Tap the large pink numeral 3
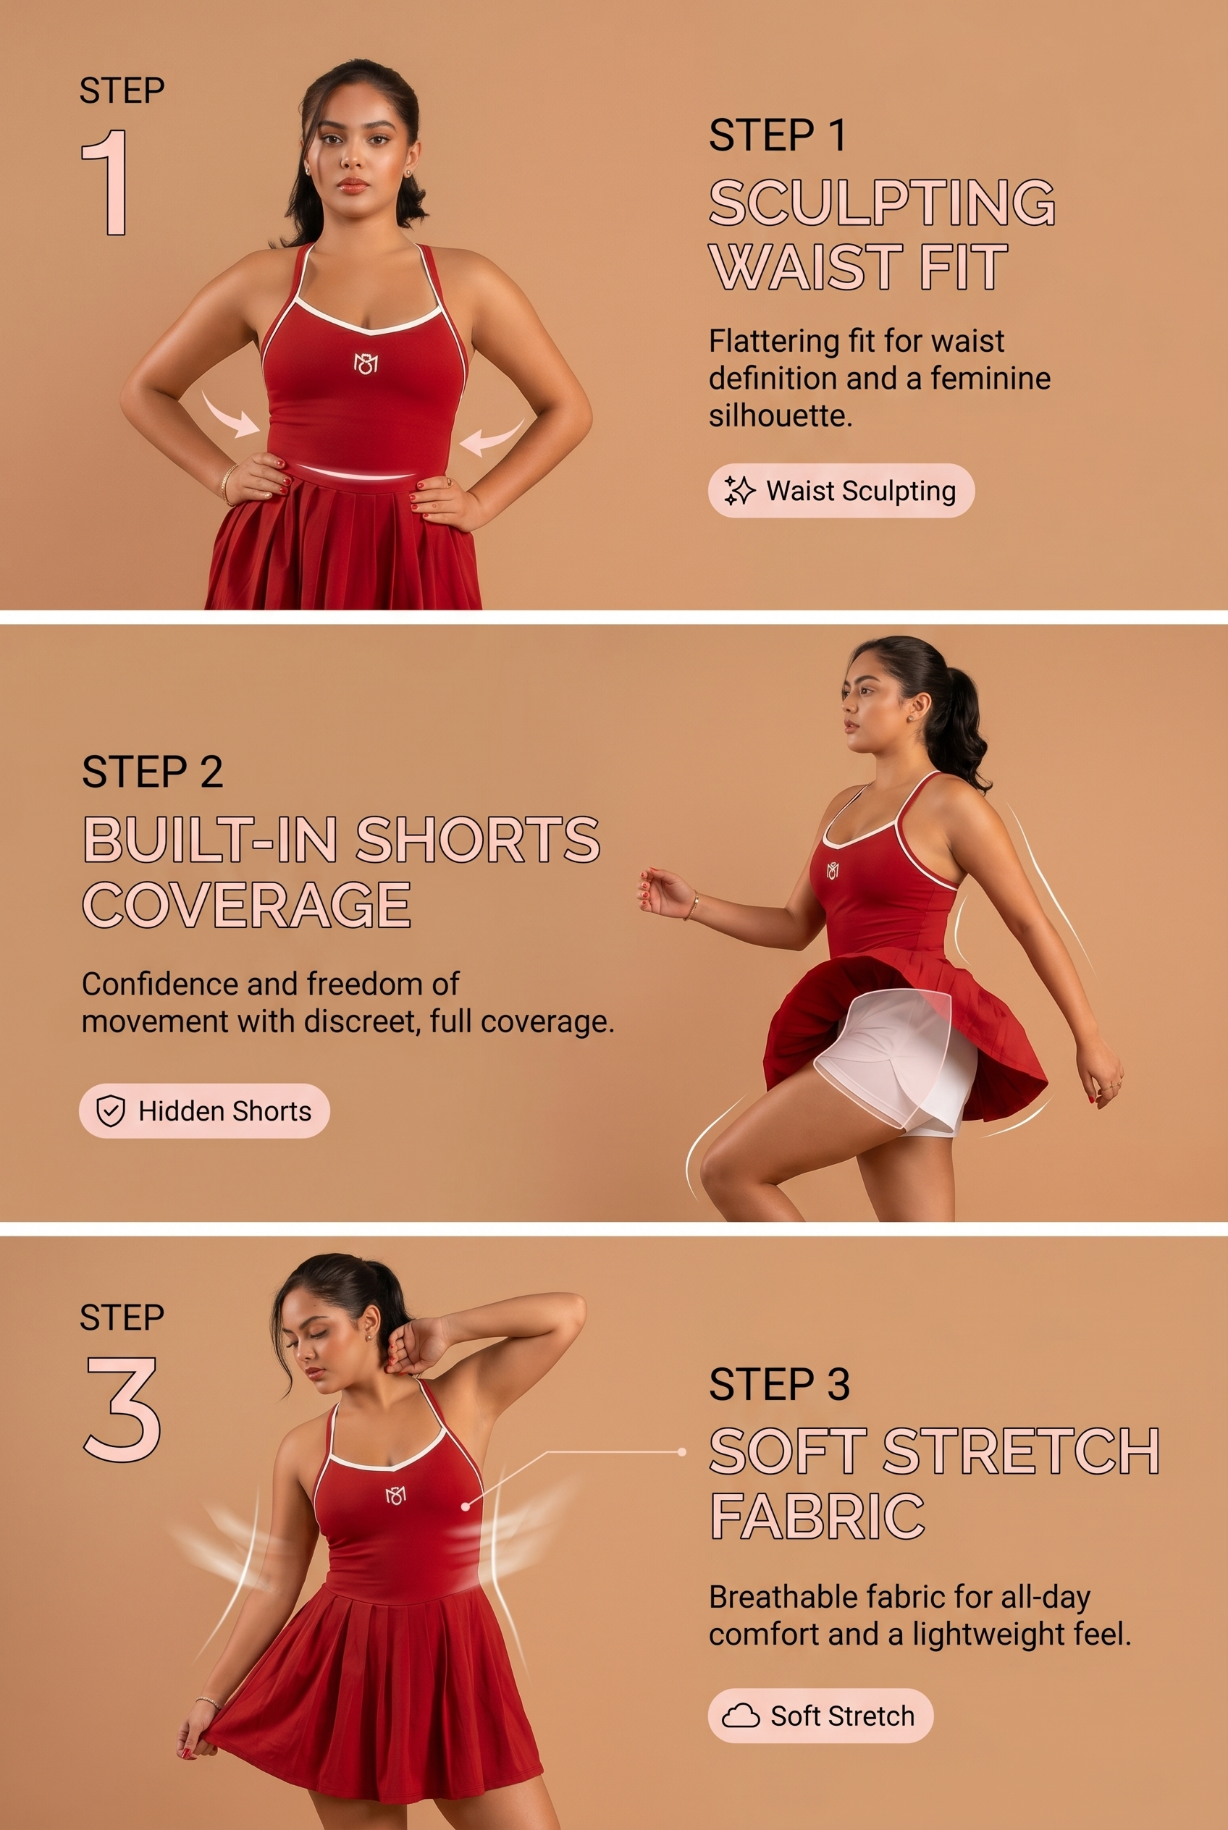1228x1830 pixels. [x=122, y=1409]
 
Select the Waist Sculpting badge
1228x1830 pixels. [x=841, y=491]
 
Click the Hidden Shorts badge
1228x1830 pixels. [x=204, y=1110]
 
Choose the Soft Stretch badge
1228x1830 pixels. [x=821, y=1716]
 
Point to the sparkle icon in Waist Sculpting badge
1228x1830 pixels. [x=739, y=491]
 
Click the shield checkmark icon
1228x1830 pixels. [x=111, y=1110]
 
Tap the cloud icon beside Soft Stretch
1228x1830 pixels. [x=740, y=1716]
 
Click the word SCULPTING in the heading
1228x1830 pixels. [x=882, y=203]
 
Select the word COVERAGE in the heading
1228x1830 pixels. [x=247, y=904]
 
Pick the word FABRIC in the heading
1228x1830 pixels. [x=817, y=1516]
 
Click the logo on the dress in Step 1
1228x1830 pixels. [x=366, y=363]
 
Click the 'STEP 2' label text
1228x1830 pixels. [x=153, y=772]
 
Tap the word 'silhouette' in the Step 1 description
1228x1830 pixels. [x=781, y=415]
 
